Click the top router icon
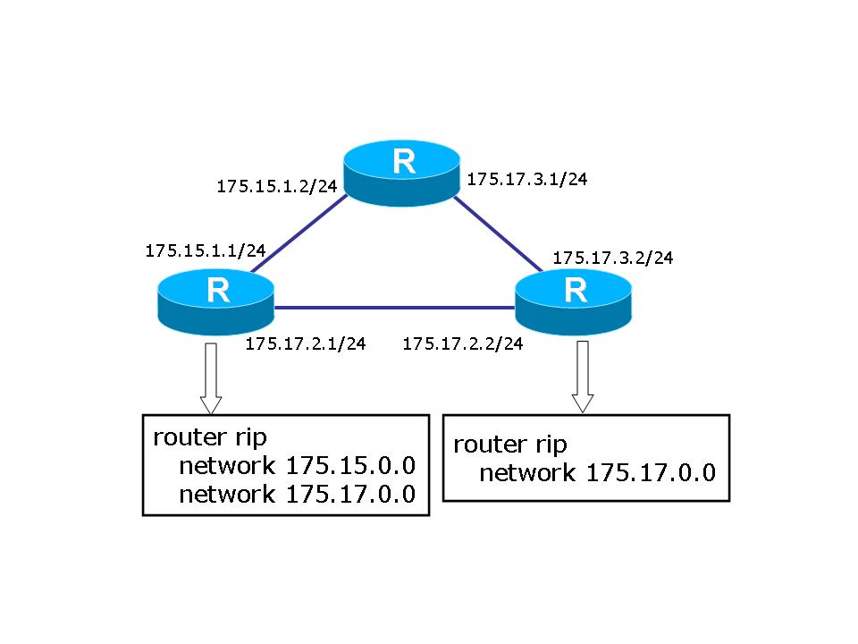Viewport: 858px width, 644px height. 403,172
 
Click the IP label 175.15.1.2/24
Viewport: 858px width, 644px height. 277,187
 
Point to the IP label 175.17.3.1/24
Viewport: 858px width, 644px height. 527,179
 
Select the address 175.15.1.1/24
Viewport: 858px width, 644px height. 206,251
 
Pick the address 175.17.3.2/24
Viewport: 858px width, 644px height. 613,258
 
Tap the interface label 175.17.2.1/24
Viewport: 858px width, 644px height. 306,343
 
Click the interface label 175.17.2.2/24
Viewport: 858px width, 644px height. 463,343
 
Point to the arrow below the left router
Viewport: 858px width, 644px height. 211,376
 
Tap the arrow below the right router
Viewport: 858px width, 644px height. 583,376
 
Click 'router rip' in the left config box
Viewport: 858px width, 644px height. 211,437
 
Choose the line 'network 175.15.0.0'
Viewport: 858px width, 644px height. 298,466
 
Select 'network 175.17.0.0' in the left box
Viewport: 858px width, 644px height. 298,495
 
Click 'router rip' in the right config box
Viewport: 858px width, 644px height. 510,445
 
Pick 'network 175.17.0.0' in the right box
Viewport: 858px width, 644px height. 598,473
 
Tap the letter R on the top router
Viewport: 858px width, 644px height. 404,162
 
